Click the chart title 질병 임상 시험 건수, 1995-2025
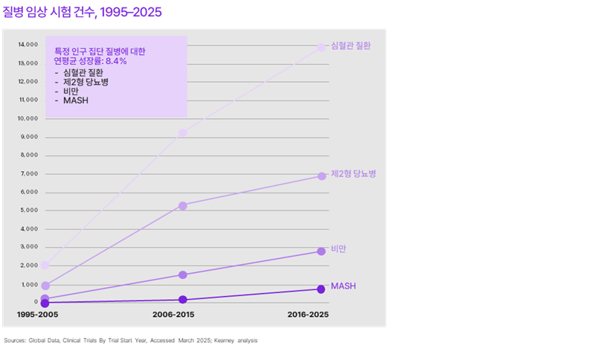pyautogui.click(x=82, y=13)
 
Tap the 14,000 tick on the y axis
pyautogui.click(x=28, y=45)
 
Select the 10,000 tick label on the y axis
pyautogui.click(x=28, y=118)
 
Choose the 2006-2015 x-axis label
pyautogui.click(x=174, y=315)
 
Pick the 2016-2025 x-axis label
pyautogui.click(x=308, y=315)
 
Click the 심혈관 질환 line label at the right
pyautogui.click(x=350, y=46)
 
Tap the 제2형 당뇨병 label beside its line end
pyautogui.click(x=353, y=174)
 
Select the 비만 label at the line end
pyautogui.click(x=339, y=248)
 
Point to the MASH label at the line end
pyautogui.click(x=344, y=286)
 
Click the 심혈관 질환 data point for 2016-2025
pyautogui.click(x=321, y=47)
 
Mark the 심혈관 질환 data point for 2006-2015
pyautogui.click(x=182, y=133)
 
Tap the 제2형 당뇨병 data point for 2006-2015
pyautogui.click(x=182, y=205)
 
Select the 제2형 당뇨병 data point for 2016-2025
pyautogui.click(x=321, y=176)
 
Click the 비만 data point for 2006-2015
pyautogui.click(x=182, y=274)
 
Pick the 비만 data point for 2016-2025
pyautogui.click(x=321, y=251)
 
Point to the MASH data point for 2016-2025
pyautogui.click(x=321, y=289)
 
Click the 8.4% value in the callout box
pyautogui.click(x=116, y=62)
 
